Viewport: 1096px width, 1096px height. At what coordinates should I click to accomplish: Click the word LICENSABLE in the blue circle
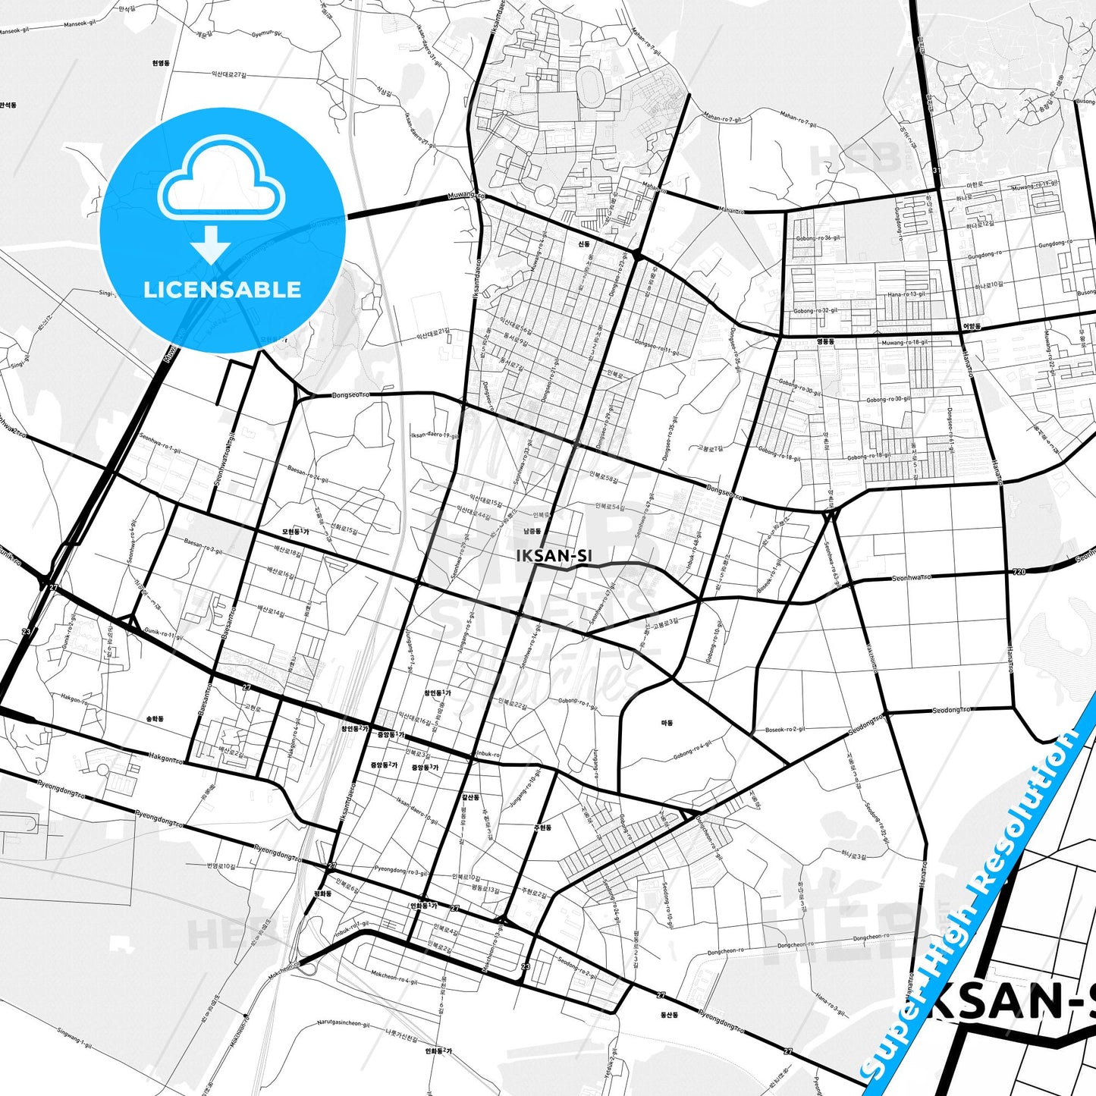[222, 290]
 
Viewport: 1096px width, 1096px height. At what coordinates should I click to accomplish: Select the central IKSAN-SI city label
[554, 556]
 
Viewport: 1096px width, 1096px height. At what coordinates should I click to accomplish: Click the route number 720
[1019, 571]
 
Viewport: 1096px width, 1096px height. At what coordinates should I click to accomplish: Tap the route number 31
[936, 171]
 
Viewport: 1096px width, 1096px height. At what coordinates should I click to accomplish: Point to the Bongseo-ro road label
[350, 395]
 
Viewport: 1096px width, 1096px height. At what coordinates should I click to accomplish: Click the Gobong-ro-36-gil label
[818, 238]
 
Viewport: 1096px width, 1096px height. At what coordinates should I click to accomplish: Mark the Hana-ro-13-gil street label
[906, 294]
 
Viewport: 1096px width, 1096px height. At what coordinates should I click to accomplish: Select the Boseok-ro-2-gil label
[785, 730]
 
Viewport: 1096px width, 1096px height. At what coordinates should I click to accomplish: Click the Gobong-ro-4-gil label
[692, 750]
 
